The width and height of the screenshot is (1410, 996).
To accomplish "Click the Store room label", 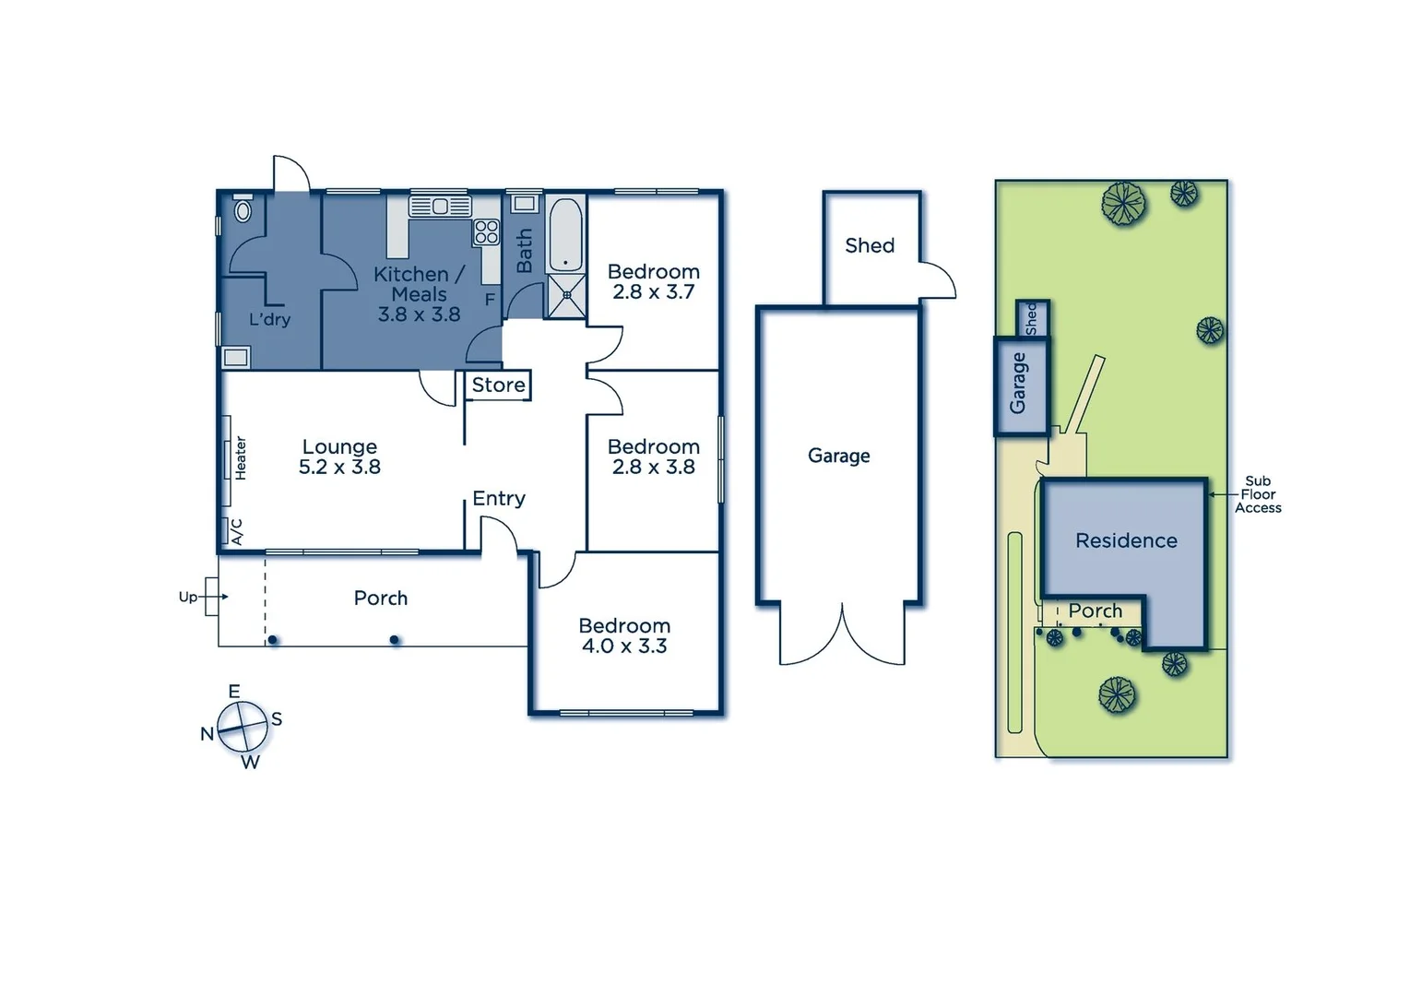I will [x=498, y=385].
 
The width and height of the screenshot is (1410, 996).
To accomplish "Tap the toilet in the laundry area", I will [x=243, y=209].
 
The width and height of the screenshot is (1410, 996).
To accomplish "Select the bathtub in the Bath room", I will [x=564, y=233].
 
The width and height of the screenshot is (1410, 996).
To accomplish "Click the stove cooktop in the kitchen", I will [x=486, y=231].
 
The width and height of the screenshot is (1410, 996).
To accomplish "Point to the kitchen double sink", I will [x=440, y=206].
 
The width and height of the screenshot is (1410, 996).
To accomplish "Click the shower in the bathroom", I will [x=565, y=296].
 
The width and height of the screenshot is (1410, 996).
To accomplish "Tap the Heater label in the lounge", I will [x=241, y=457].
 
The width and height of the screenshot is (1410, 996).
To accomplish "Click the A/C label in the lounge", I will [x=236, y=531].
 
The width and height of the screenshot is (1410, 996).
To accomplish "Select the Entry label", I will [x=498, y=498].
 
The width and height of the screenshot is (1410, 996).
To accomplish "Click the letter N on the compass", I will [x=207, y=734].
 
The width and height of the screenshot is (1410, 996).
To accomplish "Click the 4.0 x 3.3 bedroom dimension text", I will [x=623, y=646].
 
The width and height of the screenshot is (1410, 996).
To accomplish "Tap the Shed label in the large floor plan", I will [x=870, y=245].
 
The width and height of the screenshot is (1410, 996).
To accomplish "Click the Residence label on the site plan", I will [x=1126, y=540].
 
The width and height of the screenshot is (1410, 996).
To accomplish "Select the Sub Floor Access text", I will [x=1258, y=494].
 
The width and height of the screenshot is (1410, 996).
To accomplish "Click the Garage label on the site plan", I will [x=1018, y=383].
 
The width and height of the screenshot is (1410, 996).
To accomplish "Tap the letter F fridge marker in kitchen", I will [x=490, y=300].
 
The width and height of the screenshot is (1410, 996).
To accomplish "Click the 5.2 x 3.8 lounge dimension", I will [x=339, y=468].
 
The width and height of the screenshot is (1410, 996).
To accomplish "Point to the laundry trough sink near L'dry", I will [x=236, y=357].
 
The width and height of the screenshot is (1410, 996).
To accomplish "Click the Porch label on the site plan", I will [x=1095, y=611].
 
